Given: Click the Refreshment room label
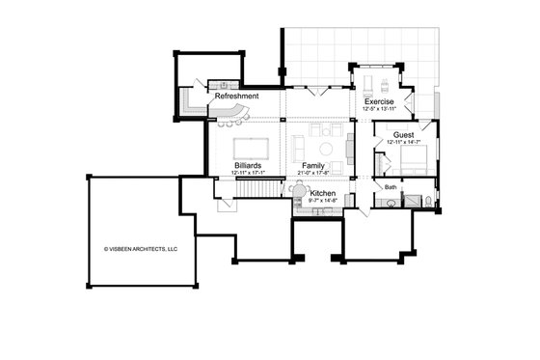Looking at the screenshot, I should click(237, 97).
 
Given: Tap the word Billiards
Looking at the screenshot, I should click(248, 166).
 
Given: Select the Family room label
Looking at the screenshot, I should click(312, 166).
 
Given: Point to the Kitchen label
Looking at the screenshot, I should click(323, 195).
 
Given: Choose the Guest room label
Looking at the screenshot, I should click(404, 135).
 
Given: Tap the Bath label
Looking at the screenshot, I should click(391, 186).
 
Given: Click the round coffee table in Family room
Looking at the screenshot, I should click(327, 149).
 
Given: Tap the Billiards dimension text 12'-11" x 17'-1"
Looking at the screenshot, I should click(248, 173).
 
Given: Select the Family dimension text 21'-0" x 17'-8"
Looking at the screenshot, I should click(312, 173).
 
